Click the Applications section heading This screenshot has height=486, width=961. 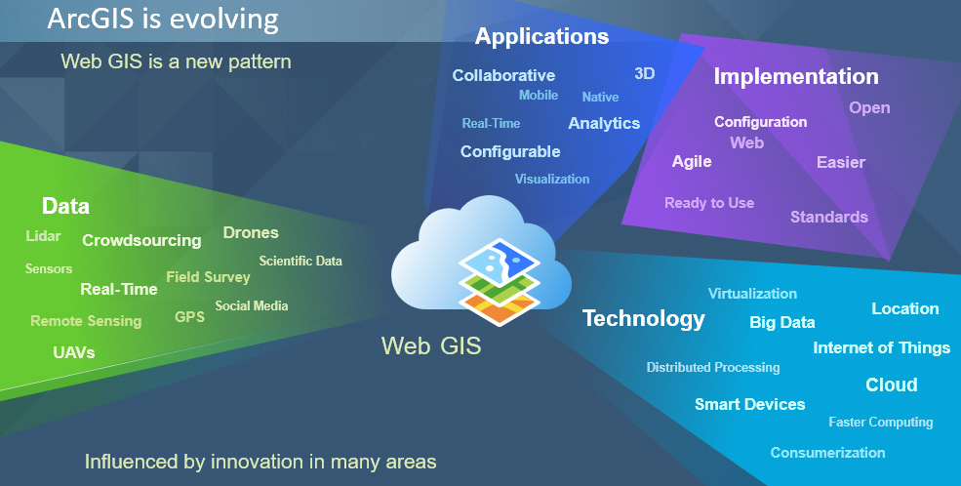pos(541,37)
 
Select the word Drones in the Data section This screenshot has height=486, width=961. pos(251,233)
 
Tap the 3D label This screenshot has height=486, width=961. pos(645,73)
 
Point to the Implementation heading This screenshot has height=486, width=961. pos(796,76)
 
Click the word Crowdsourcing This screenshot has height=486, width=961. pos(141,241)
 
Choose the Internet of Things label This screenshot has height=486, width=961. pos(881,348)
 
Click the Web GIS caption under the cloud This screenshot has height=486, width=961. pos(431,345)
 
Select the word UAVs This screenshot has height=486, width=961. pos(74,352)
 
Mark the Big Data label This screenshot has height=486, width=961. pos(782,322)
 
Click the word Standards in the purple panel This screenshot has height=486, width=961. pos(829,217)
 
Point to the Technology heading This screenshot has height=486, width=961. pos(644,319)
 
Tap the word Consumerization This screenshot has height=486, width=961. pos(827,453)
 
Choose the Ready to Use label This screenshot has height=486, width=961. pos(709,203)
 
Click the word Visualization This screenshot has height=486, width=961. pos(552,179)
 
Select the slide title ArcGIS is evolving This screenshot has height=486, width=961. pos(163,19)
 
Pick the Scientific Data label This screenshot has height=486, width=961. pos(300,262)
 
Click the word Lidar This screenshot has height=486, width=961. pos(44,236)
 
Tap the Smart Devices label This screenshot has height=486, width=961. pos(749,404)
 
